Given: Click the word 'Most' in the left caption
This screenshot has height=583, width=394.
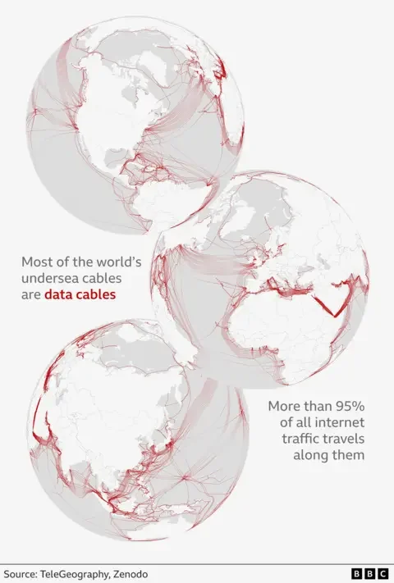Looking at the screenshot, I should pos(36,263).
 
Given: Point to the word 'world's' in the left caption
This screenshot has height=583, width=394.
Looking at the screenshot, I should pos(120,263).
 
